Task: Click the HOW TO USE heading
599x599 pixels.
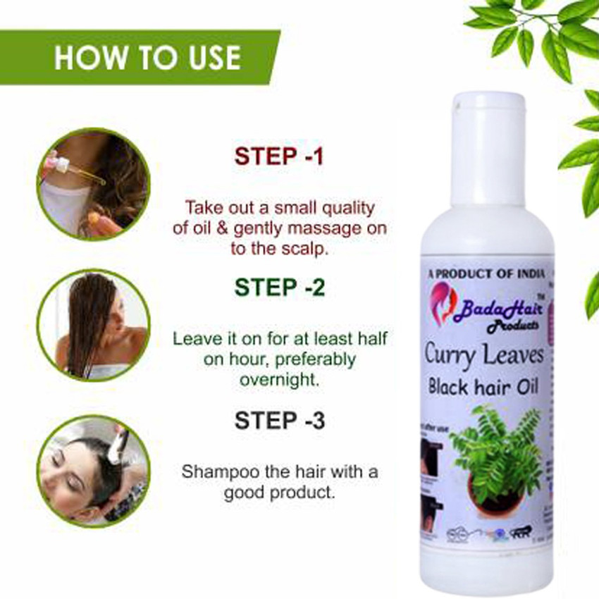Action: tap(147, 57)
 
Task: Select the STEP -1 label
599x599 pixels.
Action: tap(279, 156)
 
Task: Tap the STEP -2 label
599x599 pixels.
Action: tap(280, 288)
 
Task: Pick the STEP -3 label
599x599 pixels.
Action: tap(280, 421)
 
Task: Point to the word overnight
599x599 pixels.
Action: tap(280, 378)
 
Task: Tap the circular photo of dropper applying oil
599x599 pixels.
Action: tap(92, 184)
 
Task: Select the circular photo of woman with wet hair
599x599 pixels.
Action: tap(92, 325)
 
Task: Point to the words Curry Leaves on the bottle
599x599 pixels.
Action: tap(484, 354)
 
